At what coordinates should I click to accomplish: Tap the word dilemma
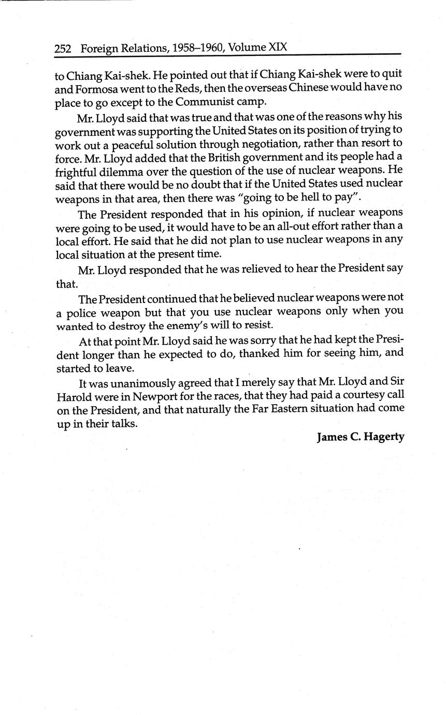pos(119,170)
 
